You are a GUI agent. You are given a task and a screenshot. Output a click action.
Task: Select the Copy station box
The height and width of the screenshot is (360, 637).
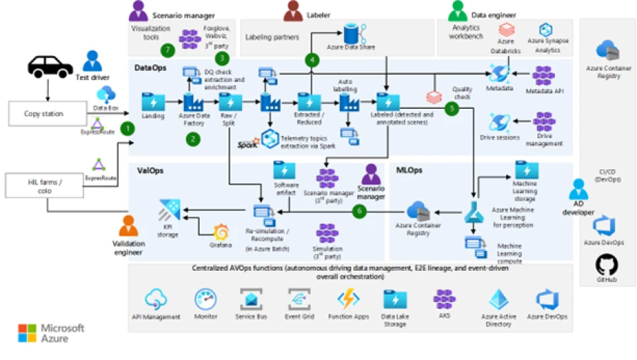[44, 113]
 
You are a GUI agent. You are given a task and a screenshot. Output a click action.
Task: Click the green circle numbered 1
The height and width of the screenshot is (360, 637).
[127, 128]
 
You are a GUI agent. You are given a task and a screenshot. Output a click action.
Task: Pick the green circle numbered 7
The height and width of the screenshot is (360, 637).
[167, 50]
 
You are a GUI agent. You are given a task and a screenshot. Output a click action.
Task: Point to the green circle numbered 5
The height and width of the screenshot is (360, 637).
[451, 109]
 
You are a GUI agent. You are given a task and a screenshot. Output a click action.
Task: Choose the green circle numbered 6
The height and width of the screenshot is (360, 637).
[360, 210]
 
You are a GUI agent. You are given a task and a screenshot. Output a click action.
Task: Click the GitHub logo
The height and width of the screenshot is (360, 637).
[607, 265]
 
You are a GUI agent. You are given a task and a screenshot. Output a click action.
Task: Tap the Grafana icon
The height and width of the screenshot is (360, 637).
[221, 232]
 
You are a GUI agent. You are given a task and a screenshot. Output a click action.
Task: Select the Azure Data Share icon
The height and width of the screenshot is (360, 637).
[350, 33]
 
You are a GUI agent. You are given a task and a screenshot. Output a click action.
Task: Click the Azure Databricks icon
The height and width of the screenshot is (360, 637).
[506, 30]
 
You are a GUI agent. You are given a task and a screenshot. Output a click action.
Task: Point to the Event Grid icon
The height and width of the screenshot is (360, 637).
[299, 298]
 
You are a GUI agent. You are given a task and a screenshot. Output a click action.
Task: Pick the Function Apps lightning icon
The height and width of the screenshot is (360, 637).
[348, 298]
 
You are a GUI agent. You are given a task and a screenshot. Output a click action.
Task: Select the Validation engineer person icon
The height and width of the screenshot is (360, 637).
[128, 226]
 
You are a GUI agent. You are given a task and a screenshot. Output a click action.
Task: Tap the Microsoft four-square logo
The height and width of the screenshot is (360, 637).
[27, 332]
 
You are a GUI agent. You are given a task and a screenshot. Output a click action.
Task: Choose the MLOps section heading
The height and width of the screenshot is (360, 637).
[410, 170]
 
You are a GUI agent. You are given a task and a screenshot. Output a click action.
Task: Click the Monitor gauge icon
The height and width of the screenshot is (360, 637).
[205, 298]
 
